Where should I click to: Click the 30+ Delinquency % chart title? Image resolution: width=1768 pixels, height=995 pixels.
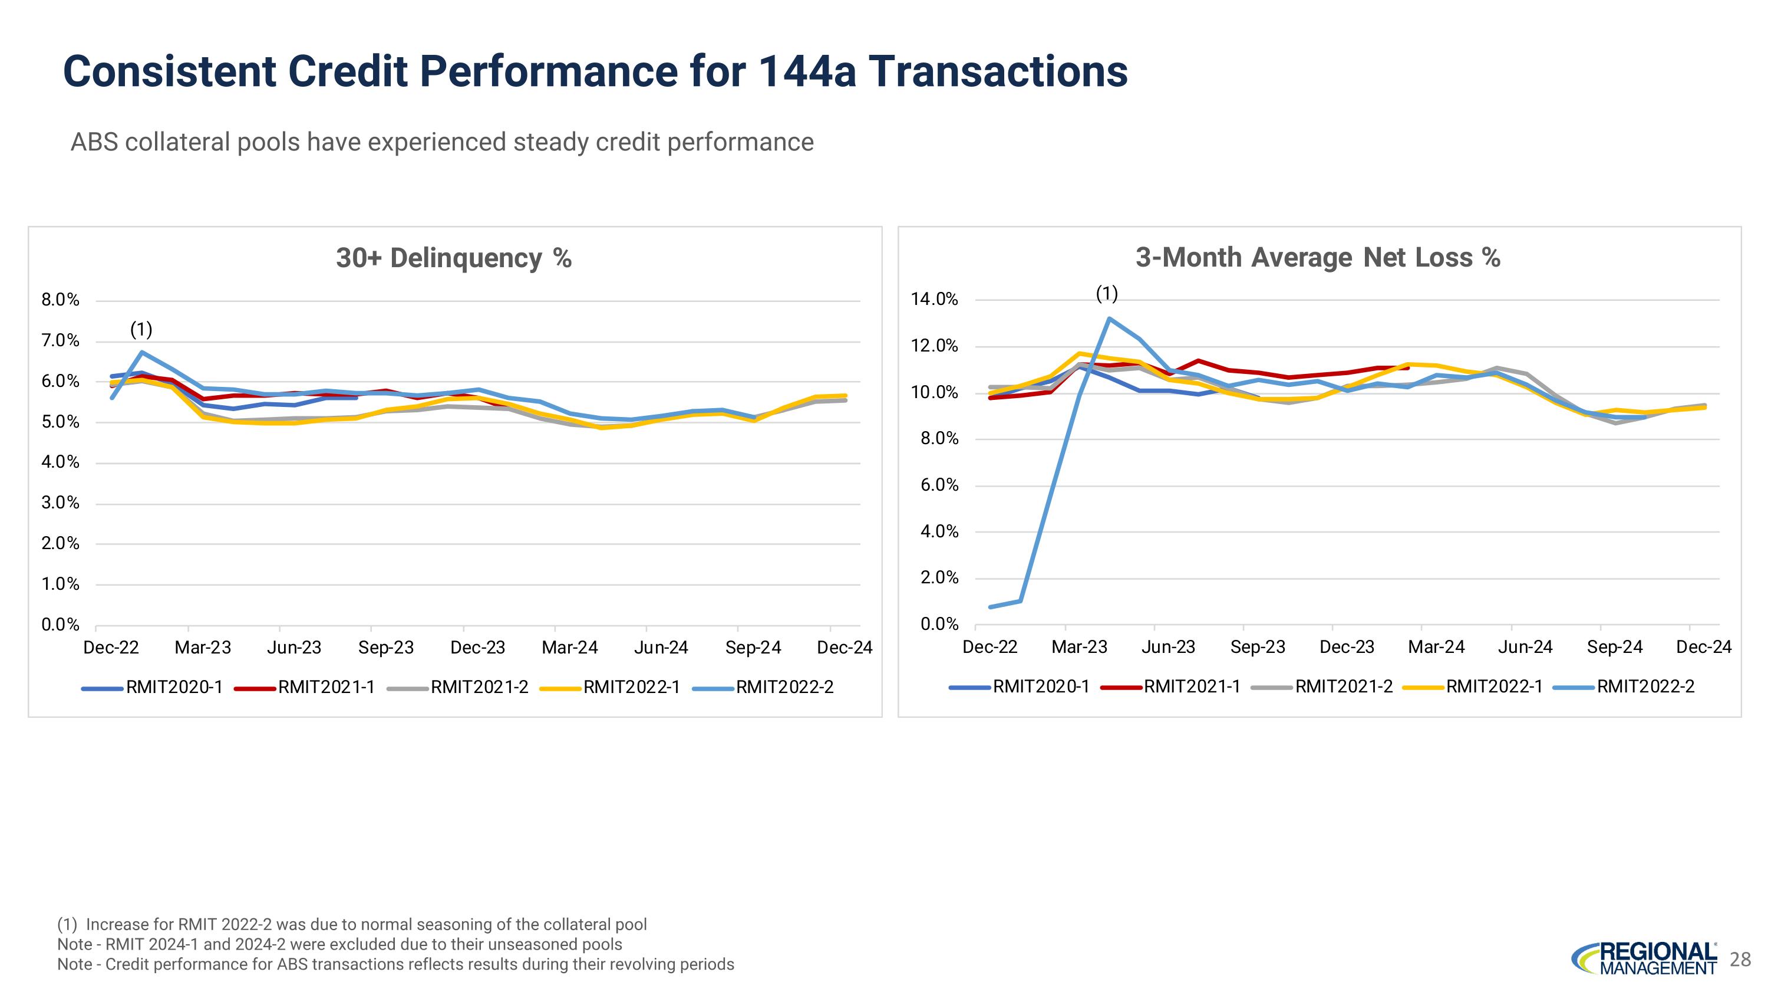pyautogui.click(x=454, y=258)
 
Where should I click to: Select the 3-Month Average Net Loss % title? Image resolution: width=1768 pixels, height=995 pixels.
pyautogui.click(x=1318, y=258)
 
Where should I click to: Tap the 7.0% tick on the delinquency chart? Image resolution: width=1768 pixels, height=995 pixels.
pyautogui.click(x=60, y=340)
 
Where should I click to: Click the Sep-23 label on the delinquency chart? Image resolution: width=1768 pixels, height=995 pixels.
pyautogui.click(x=386, y=648)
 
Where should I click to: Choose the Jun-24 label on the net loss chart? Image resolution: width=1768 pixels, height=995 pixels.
pyautogui.click(x=1525, y=647)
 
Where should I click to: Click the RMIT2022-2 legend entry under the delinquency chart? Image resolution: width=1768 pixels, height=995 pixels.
pyautogui.click(x=784, y=687)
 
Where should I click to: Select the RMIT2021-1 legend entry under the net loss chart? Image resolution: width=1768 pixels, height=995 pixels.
pyautogui.click(x=1192, y=687)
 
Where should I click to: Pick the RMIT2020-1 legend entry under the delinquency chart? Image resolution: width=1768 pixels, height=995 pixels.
pyautogui.click(x=174, y=687)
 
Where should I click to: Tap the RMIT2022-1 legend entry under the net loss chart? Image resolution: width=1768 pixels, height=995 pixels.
pyautogui.click(x=1494, y=687)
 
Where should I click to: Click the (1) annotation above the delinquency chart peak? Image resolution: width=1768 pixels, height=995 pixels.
pyautogui.click(x=141, y=330)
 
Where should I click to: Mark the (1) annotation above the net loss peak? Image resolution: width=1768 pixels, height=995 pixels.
pyautogui.click(x=1107, y=294)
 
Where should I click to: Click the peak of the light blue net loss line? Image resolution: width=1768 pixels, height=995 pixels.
pyautogui.click(x=1109, y=318)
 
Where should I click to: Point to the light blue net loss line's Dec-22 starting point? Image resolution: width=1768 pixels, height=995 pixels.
pyautogui.click(x=991, y=607)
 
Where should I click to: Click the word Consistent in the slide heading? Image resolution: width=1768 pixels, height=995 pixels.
pyautogui.click(x=169, y=71)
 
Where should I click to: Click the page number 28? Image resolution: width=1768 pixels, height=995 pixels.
pyautogui.click(x=1740, y=959)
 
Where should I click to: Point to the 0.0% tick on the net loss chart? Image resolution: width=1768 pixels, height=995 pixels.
pyautogui.click(x=939, y=624)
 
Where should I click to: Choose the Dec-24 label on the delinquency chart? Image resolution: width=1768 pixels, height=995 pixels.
pyautogui.click(x=844, y=648)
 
